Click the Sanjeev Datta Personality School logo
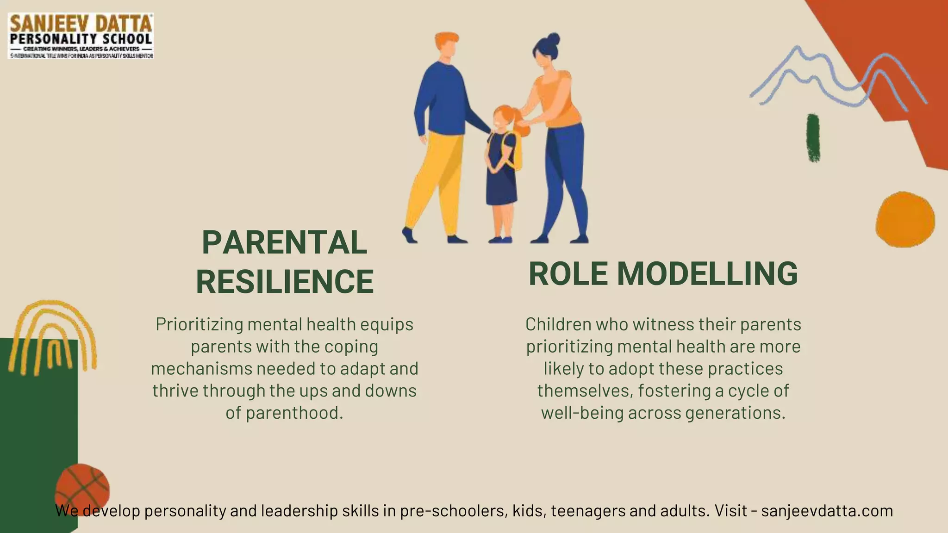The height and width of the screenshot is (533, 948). coord(81,36)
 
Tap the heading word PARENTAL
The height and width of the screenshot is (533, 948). coord(284,242)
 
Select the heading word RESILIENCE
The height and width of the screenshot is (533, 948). coord(284,281)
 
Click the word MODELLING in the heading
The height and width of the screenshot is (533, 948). coord(707,273)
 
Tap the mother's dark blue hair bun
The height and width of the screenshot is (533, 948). coord(553,39)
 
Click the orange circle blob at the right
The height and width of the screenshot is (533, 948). coord(905,219)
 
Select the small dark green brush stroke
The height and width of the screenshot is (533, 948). coord(813,138)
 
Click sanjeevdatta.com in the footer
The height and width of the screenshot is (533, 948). coord(827,511)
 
